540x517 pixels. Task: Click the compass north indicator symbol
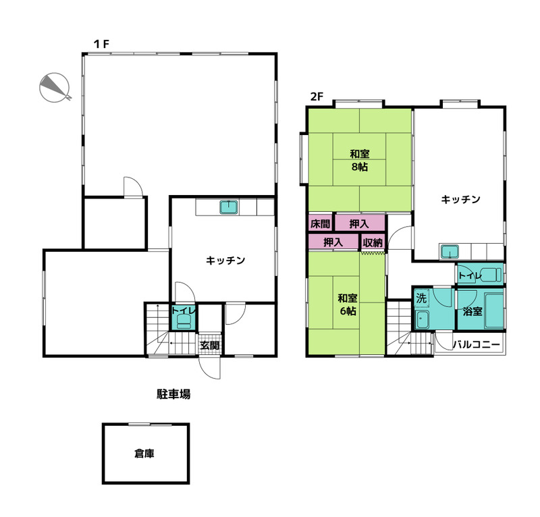tap(55, 88)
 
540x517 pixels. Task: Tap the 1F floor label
tap(102, 44)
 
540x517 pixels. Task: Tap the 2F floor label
tap(317, 97)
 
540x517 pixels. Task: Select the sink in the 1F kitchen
tap(229, 207)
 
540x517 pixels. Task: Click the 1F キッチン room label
tap(225, 260)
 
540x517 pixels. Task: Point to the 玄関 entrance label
tap(210, 345)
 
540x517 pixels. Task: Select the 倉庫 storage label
tap(144, 454)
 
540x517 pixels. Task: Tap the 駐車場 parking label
tap(173, 394)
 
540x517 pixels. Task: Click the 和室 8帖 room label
tap(360, 161)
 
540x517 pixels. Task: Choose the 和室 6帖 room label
tap(348, 304)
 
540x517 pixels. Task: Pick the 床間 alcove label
tap(320, 224)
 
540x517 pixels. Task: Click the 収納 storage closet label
tap(373, 242)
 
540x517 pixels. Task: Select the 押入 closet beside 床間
tap(359, 224)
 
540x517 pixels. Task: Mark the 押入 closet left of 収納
tap(333, 242)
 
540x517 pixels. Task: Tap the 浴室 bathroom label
tap(473, 311)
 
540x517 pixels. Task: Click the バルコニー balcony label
tap(476, 344)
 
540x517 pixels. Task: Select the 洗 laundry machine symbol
tap(421, 298)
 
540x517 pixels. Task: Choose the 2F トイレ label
tap(470, 275)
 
